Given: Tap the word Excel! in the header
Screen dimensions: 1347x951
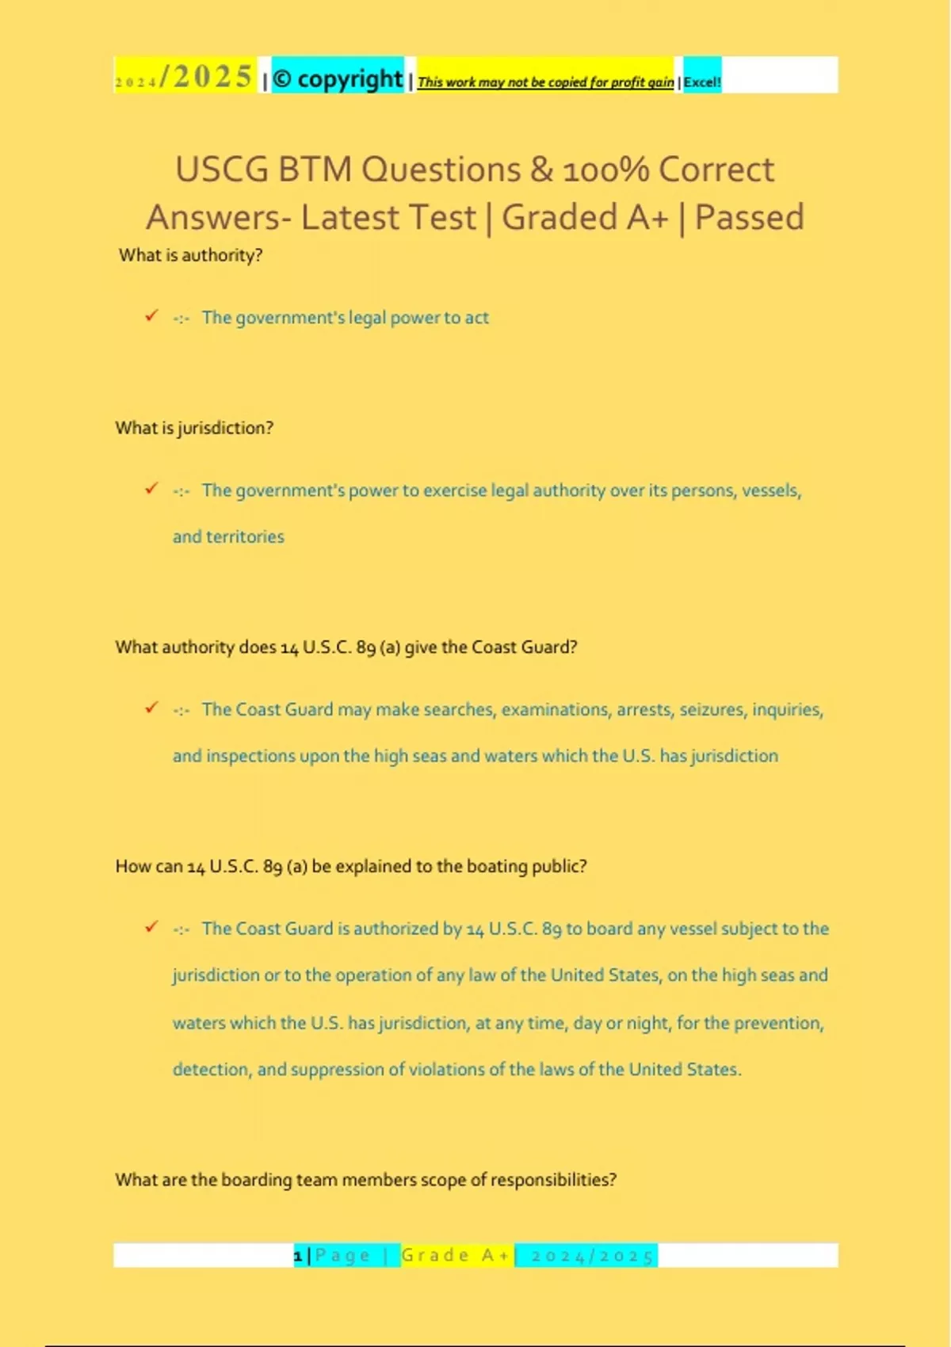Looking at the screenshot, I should click(702, 82).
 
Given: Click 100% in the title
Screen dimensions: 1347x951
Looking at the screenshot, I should click(605, 170).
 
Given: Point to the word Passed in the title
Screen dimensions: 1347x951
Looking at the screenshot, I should click(749, 217).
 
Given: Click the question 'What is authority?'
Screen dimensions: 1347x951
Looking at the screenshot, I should click(190, 255).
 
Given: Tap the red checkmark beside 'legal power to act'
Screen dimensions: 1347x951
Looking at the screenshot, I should click(151, 316).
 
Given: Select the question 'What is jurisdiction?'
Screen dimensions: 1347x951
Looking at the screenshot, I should click(194, 428).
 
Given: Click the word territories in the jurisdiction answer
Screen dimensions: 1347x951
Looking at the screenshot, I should click(245, 536).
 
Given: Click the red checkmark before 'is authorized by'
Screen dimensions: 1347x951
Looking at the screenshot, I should click(151, 927).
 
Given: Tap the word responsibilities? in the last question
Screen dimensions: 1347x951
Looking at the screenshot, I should click(553, 1180).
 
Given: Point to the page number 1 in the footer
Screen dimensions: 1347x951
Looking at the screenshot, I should click(298, 1255).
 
